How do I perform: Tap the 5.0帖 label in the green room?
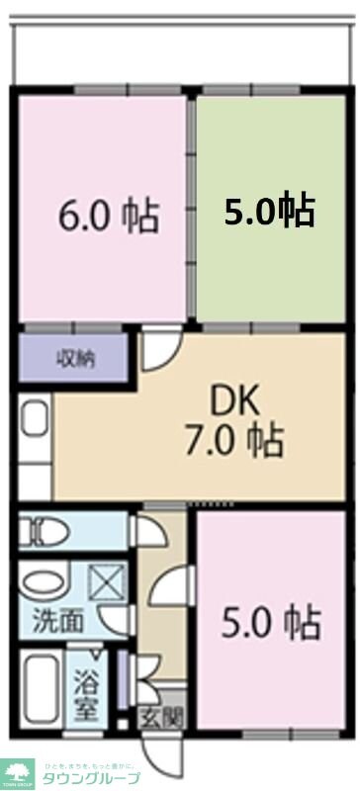coord(269,210)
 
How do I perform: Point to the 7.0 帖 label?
coord(236,437)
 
